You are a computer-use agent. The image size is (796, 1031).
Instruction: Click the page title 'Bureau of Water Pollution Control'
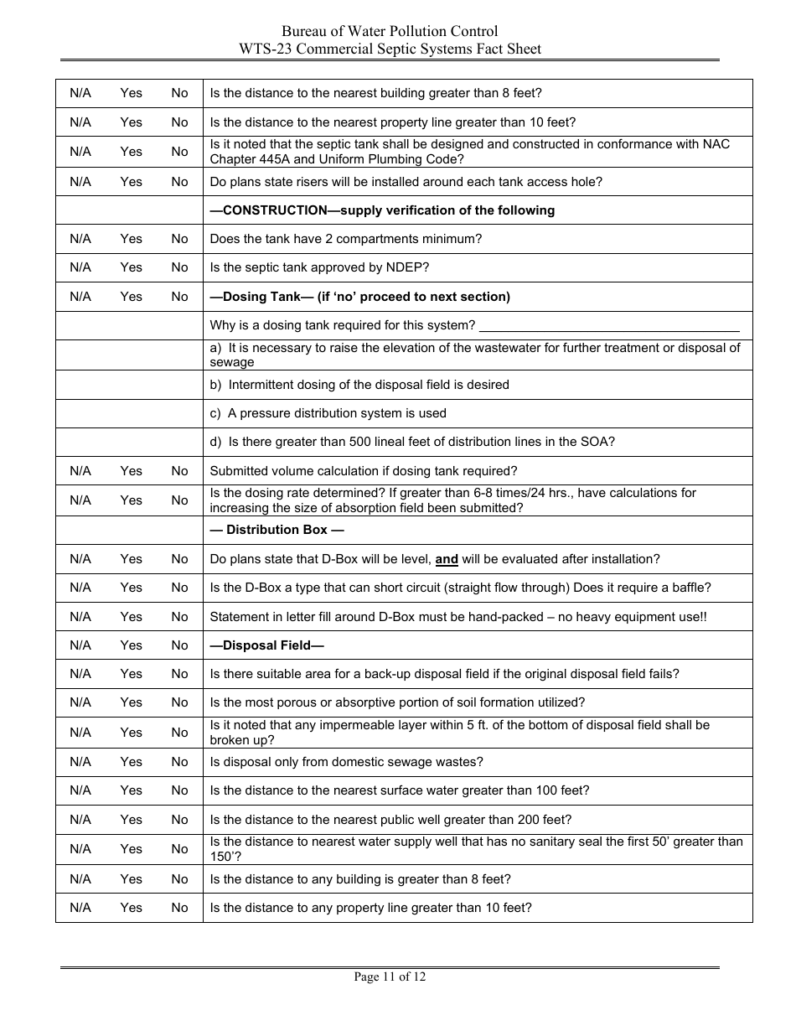pos(390,32)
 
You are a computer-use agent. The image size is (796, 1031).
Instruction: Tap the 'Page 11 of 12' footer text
pos(390,977)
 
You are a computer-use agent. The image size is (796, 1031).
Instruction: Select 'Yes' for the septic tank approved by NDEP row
pos(132,267)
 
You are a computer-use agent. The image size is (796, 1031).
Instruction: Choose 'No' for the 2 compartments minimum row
pos(180,239)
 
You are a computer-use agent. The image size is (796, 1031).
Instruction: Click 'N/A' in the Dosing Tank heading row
pos(80,297)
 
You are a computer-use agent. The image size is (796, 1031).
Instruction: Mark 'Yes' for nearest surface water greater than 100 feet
pos(132,790)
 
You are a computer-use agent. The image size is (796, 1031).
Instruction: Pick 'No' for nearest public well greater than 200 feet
pos(180,820)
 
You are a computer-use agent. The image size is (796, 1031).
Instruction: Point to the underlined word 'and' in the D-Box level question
pos(447,559)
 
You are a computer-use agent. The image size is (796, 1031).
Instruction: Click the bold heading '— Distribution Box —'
pos(277,530)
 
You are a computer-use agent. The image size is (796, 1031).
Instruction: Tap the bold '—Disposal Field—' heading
pos(266,645)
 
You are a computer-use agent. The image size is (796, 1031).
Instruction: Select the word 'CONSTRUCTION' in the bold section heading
pos(275,210)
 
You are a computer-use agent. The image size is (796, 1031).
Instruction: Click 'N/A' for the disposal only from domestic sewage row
pos(80,762)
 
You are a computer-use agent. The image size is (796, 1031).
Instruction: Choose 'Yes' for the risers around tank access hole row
pos(132,182)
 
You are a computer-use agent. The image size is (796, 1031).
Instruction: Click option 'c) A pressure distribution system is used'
pos(328,413)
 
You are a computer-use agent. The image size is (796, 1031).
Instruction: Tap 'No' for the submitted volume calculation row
pos(180,471)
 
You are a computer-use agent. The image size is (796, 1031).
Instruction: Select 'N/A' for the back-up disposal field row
pos(80,674)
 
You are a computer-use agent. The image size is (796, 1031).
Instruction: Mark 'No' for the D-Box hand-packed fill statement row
pos(180,617)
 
